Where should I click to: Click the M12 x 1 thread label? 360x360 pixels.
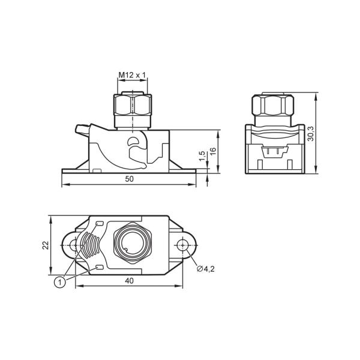132,75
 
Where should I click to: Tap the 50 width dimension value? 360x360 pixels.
129,179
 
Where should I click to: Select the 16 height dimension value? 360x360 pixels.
213,151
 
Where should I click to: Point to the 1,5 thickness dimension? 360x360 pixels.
202,156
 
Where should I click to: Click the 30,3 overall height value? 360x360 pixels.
311,134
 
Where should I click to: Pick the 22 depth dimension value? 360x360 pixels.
46,245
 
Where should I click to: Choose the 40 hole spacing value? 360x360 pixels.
129,281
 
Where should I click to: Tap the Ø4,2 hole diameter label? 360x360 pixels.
205,269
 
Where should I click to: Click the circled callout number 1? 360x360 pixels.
60,282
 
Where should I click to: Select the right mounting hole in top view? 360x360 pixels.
182,245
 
